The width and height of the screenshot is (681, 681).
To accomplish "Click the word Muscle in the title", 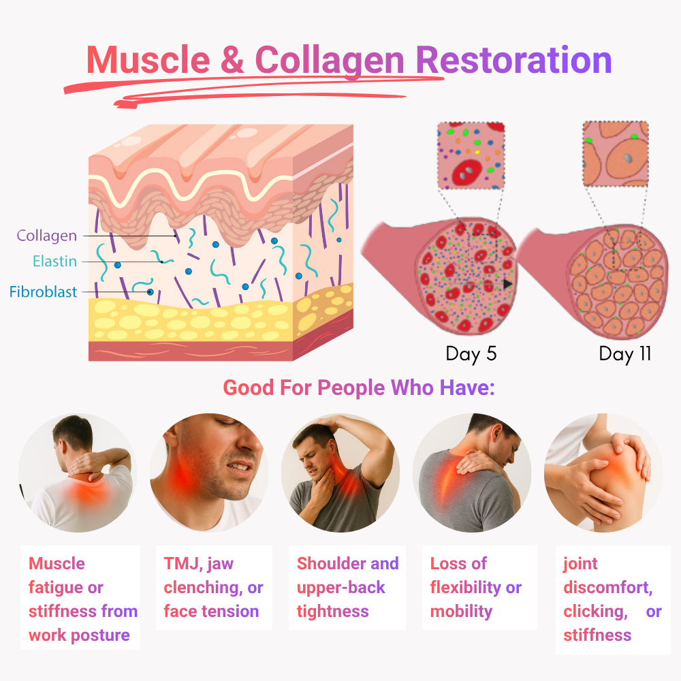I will (146, 61).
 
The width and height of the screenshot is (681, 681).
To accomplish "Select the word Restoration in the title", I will (513, 61).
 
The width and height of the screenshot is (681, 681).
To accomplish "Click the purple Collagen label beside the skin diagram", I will (46, 236).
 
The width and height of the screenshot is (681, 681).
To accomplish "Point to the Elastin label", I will (54, 262).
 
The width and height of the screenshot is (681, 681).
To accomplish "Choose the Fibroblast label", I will (43, 293).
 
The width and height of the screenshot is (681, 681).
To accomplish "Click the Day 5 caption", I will (471, 354).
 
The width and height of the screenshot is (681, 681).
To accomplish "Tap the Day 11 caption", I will (624, 354).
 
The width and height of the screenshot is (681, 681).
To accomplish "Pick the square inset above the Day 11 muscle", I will (616, 154).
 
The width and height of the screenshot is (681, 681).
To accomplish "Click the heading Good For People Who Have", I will (358, 388).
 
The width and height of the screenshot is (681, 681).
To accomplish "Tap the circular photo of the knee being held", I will (603, 473).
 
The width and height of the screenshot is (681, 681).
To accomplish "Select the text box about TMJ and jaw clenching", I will (213, 587).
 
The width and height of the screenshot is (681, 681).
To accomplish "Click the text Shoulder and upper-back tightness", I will (347, 587).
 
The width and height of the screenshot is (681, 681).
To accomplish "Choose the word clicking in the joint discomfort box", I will (594, 612).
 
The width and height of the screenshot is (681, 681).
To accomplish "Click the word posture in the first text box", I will (98, 635).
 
